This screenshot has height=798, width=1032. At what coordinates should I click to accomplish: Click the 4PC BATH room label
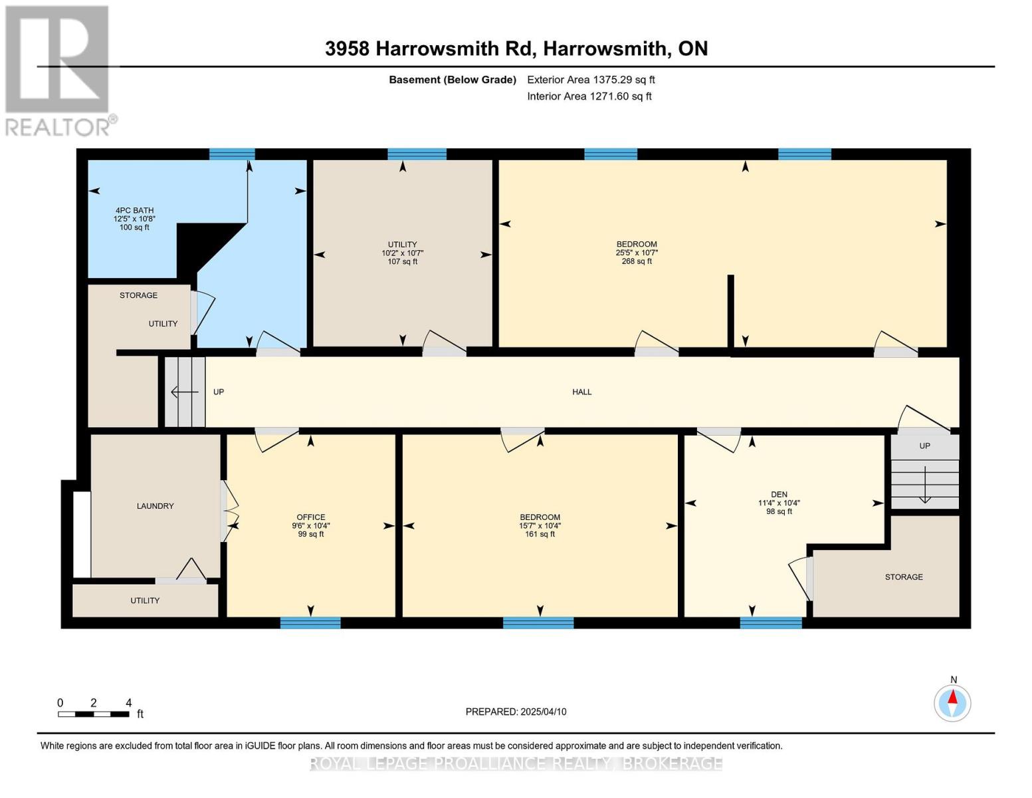tap(134, 210)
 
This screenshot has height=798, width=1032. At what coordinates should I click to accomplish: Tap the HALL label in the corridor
tap(581, 392)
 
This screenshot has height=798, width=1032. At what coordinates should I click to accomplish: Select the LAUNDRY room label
tap(155, 506)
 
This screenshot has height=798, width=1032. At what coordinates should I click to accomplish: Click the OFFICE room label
tap(310, 517)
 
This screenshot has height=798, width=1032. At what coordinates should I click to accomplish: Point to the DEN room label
tap(779, 495)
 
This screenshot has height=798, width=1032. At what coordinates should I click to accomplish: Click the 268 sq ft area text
tap(636, 261)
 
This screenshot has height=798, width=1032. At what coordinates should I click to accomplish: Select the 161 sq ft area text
tap(540, 534)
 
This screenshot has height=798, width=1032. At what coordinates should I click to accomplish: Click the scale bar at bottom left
tap(93, 714)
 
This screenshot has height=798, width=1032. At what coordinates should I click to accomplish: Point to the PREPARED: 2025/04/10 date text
tap(516, 712)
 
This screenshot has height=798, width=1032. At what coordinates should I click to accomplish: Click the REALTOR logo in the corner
tap(58, 70)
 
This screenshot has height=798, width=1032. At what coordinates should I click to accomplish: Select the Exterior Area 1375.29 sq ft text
tap(591, 80)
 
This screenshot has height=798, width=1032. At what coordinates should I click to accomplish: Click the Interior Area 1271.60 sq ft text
tap(589, 96)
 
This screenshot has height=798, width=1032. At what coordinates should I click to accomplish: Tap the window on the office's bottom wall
tap(310, 623)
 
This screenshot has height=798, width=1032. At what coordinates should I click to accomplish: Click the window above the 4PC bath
tap(232, 154)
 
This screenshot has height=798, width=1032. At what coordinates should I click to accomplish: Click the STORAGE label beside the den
tap(903, 577)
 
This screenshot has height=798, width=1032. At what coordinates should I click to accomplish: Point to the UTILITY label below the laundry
tap(145, 600)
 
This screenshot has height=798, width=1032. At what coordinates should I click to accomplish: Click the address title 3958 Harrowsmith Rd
tap(516, 49)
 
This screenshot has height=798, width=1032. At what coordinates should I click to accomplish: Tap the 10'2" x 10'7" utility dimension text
tap(402, 253)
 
